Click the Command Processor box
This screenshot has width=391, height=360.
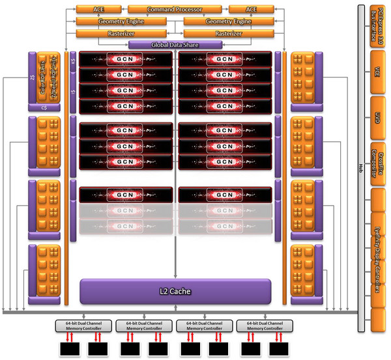tap(175, 10)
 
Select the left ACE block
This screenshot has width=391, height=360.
tap(98, 10)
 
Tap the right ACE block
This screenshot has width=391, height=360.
tap(251, 10)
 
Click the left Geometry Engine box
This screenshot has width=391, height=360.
tap(121, 21)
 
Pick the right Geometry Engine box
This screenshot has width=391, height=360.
tap(228, 21)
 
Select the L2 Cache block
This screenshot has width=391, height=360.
tap(175, 291)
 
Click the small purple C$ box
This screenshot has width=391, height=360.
tap(44, 107)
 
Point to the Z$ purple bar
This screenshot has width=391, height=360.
tap(31, 78)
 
